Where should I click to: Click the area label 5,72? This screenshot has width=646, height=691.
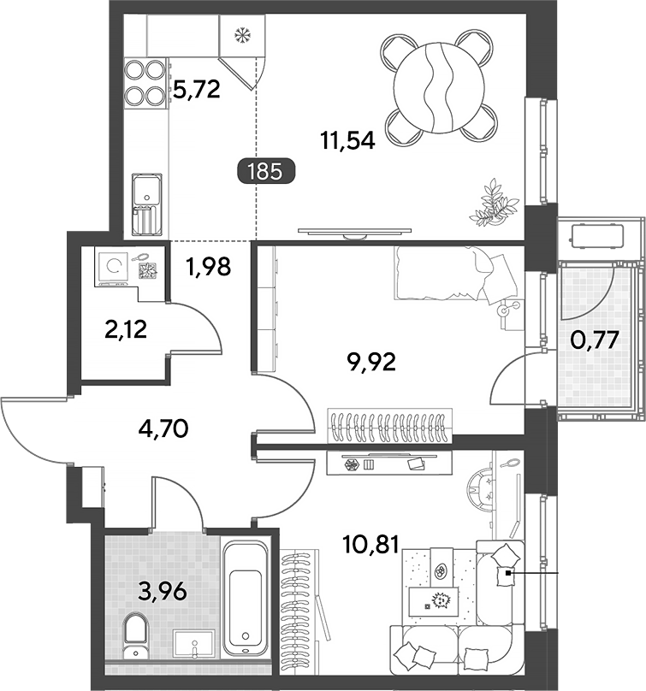coord(196,90)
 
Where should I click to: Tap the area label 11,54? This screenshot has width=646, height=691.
coord(348,141)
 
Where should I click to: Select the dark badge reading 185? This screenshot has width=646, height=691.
coord(266,171)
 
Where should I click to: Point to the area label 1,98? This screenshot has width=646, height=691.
coord(209,267)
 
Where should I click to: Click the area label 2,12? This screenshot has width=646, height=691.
coord(126,329)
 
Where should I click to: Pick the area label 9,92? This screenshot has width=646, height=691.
coord(371,363)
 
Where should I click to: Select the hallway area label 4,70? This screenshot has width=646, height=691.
coord(163,428)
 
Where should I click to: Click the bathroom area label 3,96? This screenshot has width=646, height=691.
coord(162,591)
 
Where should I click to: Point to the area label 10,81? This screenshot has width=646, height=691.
coord(370,544)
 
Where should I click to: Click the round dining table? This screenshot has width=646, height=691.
coord(440,88)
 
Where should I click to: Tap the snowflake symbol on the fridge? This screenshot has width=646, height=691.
coord(242,35)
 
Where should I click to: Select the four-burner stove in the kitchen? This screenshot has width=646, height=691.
coord(145,83)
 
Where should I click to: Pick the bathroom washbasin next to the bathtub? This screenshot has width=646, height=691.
coord(194,644)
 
